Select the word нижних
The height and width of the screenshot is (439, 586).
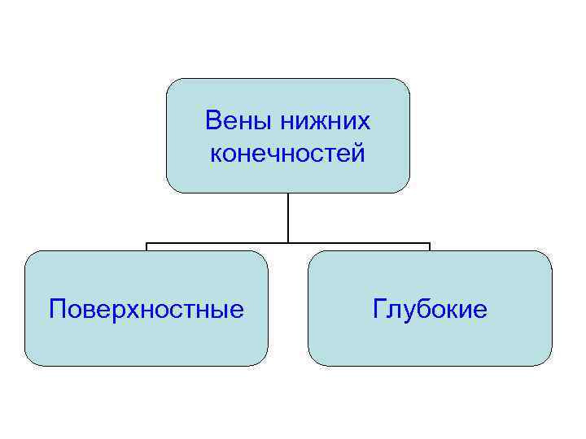click(325, 121)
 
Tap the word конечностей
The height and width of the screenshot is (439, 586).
click(287, 152)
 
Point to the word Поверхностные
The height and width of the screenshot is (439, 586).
click(146, 309)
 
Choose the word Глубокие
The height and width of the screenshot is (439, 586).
click(430, 309)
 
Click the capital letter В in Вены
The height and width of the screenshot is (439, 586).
click(213, 121)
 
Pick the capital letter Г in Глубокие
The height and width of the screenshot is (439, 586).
click(379, 309)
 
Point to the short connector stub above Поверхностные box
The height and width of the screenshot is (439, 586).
click(146, 246)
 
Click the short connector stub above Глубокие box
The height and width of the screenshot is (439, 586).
click(430, 246)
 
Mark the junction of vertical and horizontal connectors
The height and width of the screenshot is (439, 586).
click(287, 242)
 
